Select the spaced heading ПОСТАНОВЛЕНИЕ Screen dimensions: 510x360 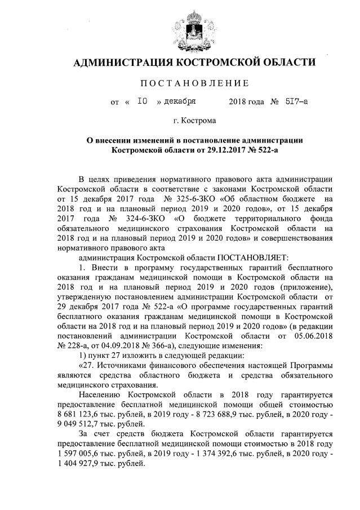tap(194, 83)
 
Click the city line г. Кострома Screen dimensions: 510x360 tap(194, 120)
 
